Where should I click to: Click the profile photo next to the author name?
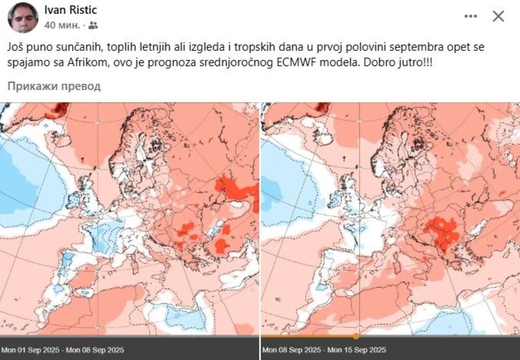click(x=23, y=17)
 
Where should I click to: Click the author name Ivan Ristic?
click(x=70, y=10)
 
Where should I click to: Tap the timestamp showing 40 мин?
click(x=62, y=25)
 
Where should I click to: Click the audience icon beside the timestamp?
click(x=93, y=25)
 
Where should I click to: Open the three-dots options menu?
click(x=471, y=17)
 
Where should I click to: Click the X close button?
click(x=498, y=17)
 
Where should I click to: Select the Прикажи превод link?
click(x=54, y=86)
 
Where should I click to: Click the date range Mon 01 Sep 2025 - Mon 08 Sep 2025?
click(x=62, y=350)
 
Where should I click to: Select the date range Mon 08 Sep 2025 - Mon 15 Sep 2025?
click(x=324, y=350)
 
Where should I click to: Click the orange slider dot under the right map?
click(x=356, y=336)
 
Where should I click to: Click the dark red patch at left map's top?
click(x=60, y=109)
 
